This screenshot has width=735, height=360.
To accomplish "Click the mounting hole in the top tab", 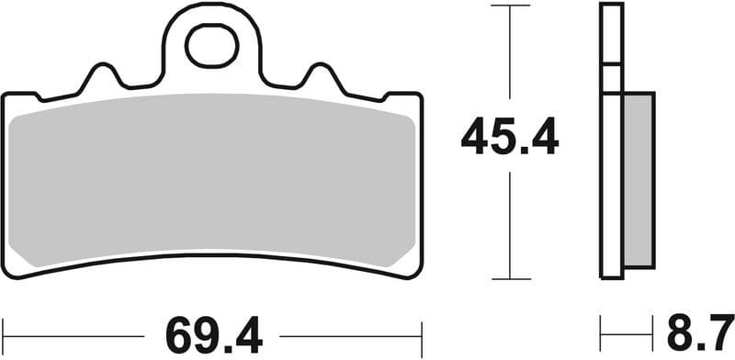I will click(x=211, y=45).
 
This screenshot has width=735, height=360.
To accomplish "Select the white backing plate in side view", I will click(x=611, y=138).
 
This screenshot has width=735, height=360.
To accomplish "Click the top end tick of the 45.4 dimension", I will click(x=511, y=6).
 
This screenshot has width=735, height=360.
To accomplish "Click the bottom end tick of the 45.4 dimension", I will click(x=511, y=277).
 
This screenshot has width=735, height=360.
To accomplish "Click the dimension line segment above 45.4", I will click(x=511, y=55).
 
